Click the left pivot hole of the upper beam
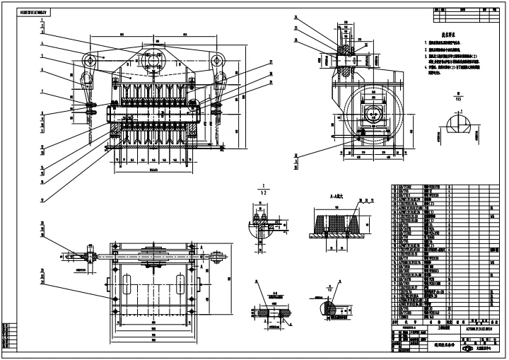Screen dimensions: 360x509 click(x=90, y=59)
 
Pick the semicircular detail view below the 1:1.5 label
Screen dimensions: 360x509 click(x=459, y=126)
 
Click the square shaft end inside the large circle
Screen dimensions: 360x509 click(x=372, y=113)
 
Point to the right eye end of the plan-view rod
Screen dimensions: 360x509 click(x=221, y=257)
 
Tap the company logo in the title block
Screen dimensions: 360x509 click(x=467, y=348)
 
